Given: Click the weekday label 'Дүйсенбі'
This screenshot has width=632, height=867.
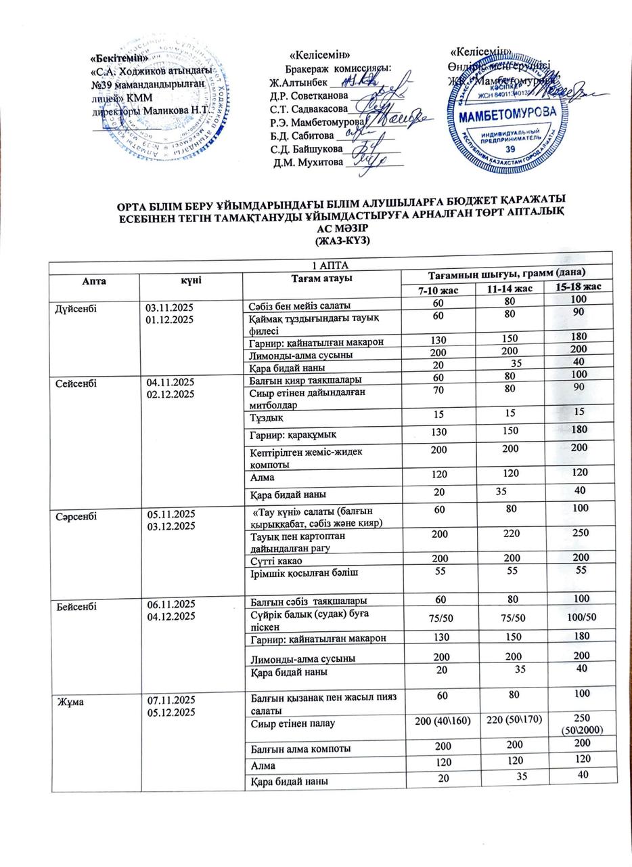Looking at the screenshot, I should click(77, 308).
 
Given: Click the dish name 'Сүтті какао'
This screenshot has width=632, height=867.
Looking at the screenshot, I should click(276, 560).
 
